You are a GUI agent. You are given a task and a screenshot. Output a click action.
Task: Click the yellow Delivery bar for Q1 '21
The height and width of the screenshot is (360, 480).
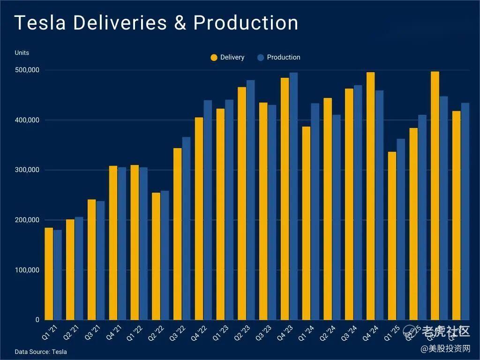[49, 274]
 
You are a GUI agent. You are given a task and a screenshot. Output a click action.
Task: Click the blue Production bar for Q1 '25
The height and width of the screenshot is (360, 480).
[401, 229]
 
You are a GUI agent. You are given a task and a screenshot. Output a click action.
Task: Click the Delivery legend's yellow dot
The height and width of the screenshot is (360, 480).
[214, 58]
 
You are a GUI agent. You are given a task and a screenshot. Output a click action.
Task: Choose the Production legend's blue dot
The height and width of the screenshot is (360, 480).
[261, 58]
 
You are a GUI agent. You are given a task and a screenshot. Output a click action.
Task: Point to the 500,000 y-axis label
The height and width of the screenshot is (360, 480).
[27, 70]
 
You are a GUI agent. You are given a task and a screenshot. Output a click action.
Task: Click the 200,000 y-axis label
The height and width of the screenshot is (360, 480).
[27, 220]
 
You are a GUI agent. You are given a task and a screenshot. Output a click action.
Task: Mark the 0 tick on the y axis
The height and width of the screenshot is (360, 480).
[37, 320]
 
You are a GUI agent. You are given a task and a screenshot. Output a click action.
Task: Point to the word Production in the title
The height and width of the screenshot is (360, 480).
[246, 22]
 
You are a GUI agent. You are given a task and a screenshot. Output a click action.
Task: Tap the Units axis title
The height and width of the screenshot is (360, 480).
[22, 52]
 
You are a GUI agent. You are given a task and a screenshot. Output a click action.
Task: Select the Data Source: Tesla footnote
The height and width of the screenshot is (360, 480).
[41, 352]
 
